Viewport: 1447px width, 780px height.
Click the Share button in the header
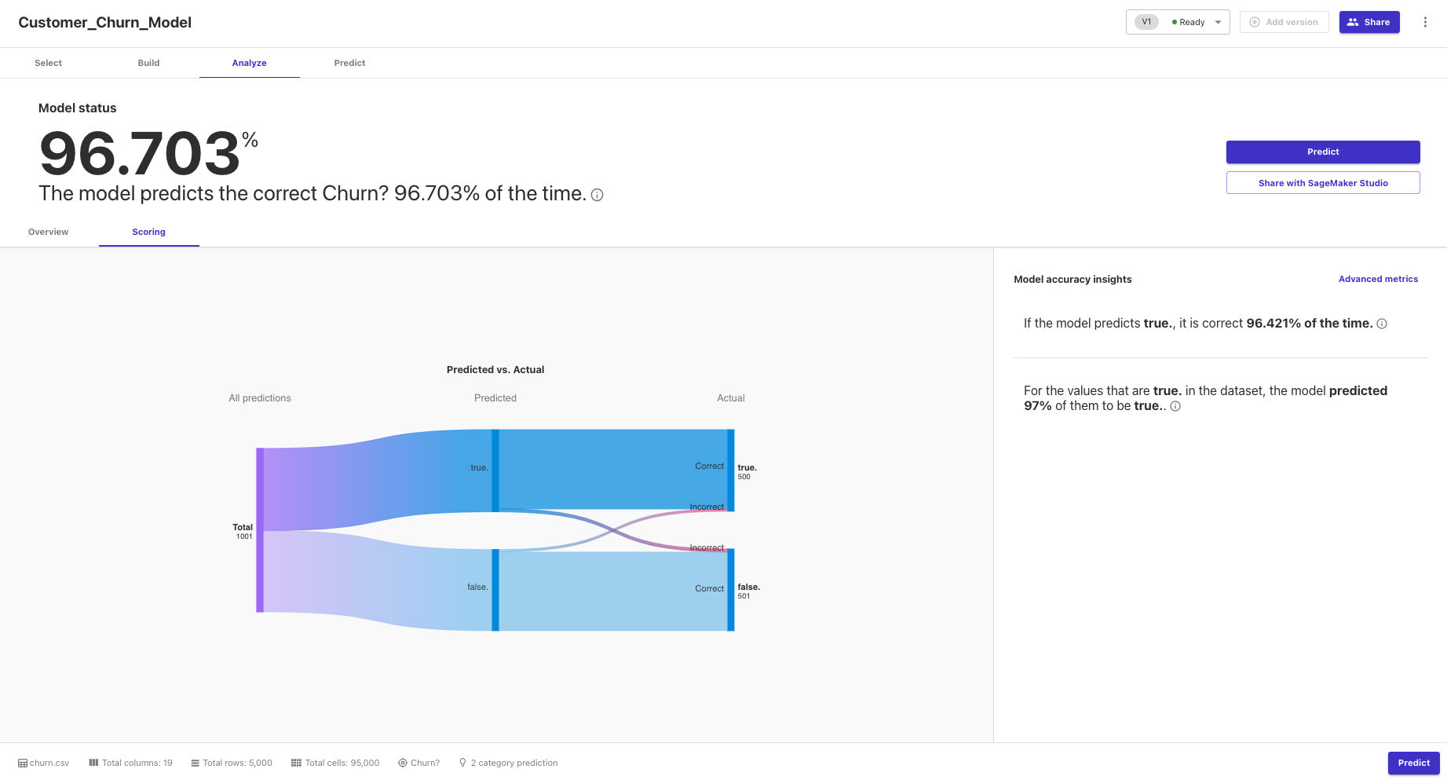coord(1369,22)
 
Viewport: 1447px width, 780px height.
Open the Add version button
coord(1284,22)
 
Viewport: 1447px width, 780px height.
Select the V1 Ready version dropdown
coord(1178,22)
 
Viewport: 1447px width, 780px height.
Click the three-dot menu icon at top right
coord(1425,22)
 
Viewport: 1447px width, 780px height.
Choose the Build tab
coord(148,63)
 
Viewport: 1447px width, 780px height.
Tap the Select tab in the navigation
coord(48,63)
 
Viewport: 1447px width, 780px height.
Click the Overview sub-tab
coord(49,232)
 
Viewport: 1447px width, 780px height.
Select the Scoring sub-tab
coord(148,232)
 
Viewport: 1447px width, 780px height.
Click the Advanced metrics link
coord(1378,279)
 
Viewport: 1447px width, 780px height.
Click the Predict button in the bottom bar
coord(1413,763)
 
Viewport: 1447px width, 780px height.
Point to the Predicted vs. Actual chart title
coord(495,370)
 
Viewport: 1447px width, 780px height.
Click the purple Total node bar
coord(260,530)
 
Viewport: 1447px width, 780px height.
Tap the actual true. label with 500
coord(747,471)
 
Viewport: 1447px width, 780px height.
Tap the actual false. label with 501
coord(748,591)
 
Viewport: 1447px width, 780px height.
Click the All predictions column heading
coord(260,398)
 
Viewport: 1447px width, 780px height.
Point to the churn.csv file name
coord(49,763)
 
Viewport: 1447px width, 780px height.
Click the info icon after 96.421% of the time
coord(1382,324)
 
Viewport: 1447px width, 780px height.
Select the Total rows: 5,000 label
coord(237,763)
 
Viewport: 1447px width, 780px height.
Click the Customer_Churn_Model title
coord(104,23)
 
